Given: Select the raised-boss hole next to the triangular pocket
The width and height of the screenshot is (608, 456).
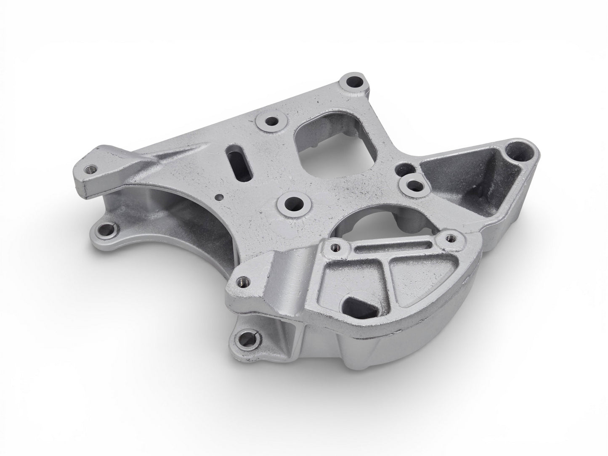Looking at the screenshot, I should (x=415, y=184).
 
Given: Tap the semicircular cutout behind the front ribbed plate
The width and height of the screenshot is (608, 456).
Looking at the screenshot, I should (x=370, y=224).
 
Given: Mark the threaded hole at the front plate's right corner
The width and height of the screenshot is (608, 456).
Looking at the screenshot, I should (x=449, y=238).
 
